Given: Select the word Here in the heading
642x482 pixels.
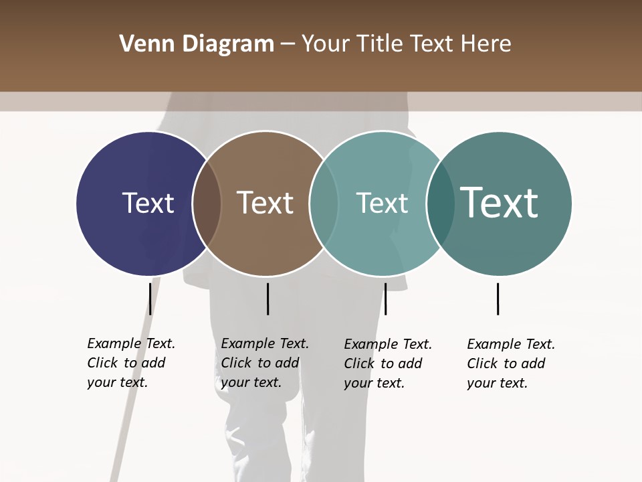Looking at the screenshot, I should (x=486, y=44).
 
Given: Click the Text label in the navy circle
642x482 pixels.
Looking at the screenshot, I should (x=148, y=203).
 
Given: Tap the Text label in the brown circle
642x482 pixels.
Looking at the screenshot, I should (x=265, y=203).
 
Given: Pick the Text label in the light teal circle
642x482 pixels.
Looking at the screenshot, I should (x=382, y=203).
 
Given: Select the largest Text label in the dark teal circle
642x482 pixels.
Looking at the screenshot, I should (x=499, y=202).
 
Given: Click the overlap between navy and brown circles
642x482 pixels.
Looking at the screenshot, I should (x=207, y=204).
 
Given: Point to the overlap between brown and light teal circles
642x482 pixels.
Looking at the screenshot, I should (x=324, y=204).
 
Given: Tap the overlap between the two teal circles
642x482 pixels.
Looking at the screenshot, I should (x=440, y=204).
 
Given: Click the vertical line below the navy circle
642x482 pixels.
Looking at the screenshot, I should (x=150, y=299).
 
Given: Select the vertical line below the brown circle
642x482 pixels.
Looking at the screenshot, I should (x=267, y=299).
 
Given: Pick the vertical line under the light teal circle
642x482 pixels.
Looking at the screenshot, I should (x=385, y=299).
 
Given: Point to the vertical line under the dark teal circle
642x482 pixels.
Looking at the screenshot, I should (x=498, y=299).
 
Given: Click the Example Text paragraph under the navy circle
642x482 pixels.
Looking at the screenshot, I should (x=130, y=363).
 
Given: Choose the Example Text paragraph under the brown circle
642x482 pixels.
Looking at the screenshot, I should (x=264, y=363).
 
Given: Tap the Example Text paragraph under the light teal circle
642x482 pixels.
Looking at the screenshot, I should (x=387, y=364).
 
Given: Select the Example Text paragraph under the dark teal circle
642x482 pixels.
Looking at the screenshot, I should (x=510, y=364).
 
